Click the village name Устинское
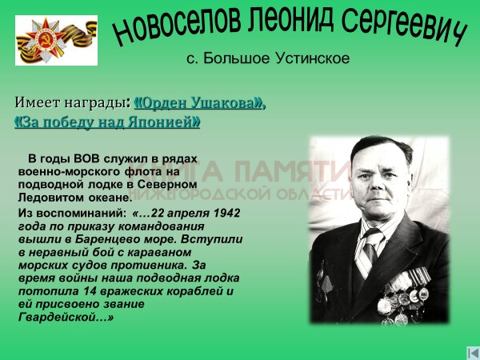(313, 58)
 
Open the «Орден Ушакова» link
(199, 103)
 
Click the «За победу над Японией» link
(107, 122)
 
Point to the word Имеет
(38, 102)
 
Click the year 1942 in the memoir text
(227, 213)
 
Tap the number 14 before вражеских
(90, 291)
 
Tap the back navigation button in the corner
(474, 353)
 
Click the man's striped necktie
(368, 254)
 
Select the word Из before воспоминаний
(25, 213)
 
